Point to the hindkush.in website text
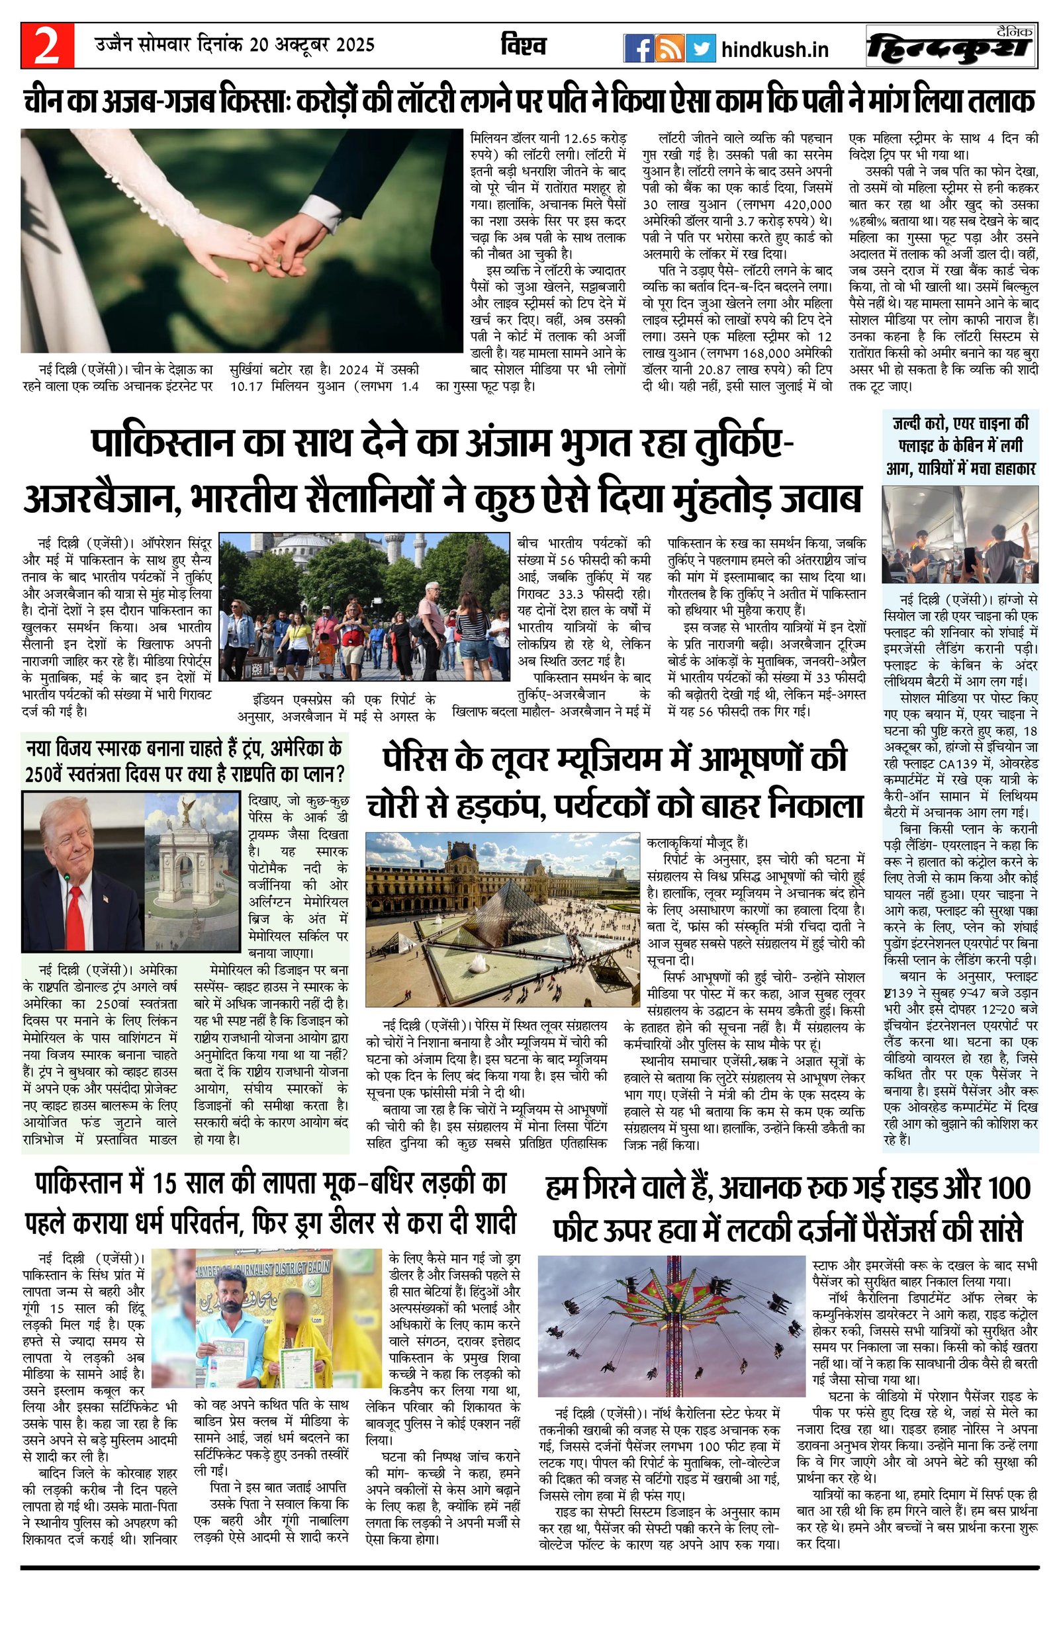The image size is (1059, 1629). (775, 49)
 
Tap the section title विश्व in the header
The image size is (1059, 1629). (524, 46)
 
